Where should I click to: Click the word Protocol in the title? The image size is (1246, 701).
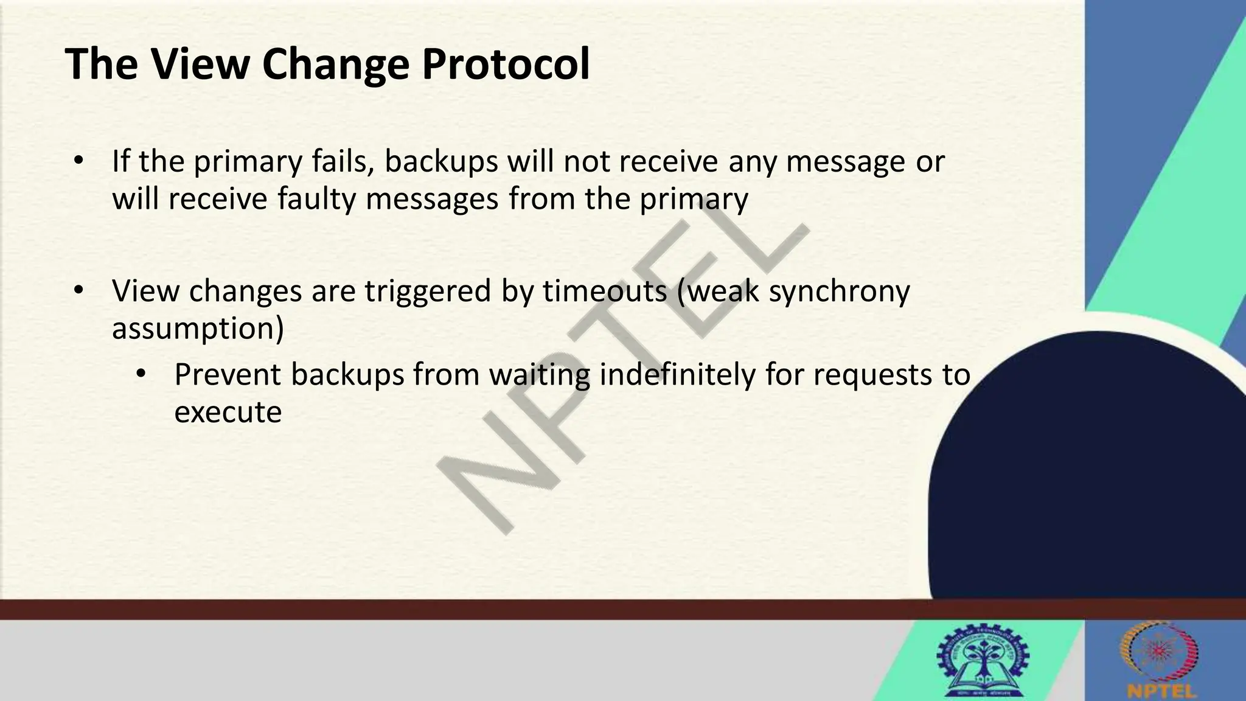(x=505, y=64)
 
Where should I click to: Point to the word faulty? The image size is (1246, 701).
(x=316, y=200)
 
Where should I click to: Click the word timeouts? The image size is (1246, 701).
(x=604, y=291)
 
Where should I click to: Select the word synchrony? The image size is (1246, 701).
(x=839, y=291)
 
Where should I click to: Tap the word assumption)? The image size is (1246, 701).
(x=198, y=329)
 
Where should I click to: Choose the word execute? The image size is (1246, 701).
(x=228, y=413)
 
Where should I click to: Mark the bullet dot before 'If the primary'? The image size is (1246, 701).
(x=77, y=161)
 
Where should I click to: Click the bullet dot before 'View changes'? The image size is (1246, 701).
(x=77, y=291)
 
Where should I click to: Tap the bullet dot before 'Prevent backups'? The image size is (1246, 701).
(x=141, y=374)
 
